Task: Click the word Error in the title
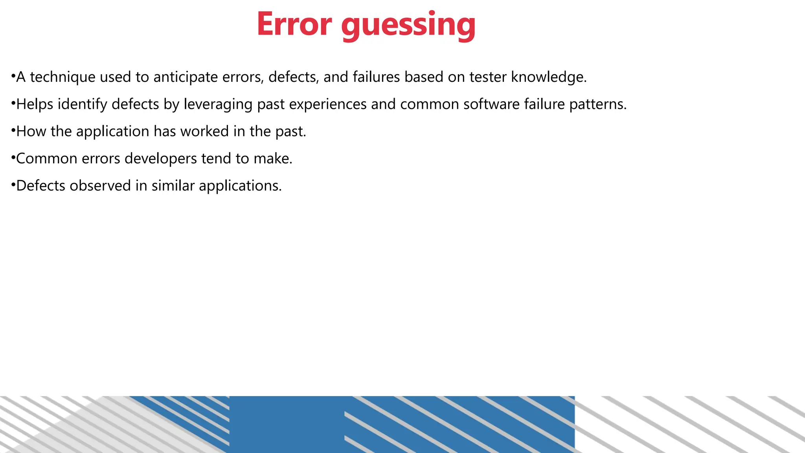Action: coord(294,24)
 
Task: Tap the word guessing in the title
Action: coord(408,25)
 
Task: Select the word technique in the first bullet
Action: coord(62,77)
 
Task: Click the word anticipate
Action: coord(186,77)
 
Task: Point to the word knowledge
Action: coord(548,77)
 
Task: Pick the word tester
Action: coord(488,77)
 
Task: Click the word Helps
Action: coord(35,104)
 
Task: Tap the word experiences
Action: coord(328,104)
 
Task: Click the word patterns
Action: coord(597,104)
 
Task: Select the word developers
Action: coord(160,158)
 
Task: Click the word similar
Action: coord(173,186)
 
